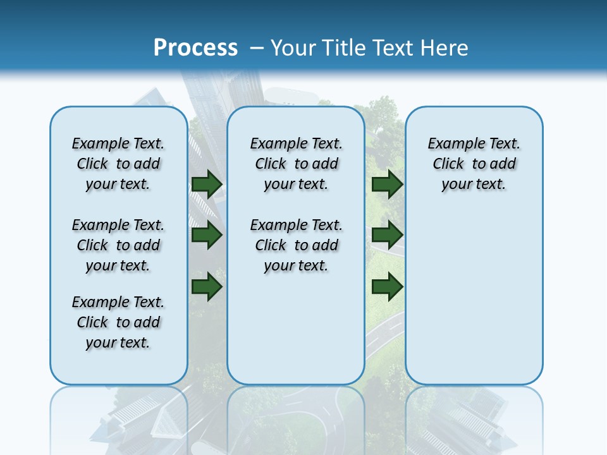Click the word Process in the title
pos(195,48)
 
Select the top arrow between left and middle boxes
pos(206,184)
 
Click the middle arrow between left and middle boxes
pos(206,236)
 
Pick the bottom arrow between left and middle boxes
pos(206,286)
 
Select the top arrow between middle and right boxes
pos(387,184)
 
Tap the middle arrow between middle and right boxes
pos(387,236)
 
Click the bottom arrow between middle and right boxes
pos(387,286)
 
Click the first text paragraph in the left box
pos(118,164)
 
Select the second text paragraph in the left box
pos(118,245)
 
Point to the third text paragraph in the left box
pos(118,322)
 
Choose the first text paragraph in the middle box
pos(297,164)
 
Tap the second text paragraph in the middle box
pos(297,245)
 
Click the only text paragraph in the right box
pos(474,164)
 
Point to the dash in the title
pos(257,48)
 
